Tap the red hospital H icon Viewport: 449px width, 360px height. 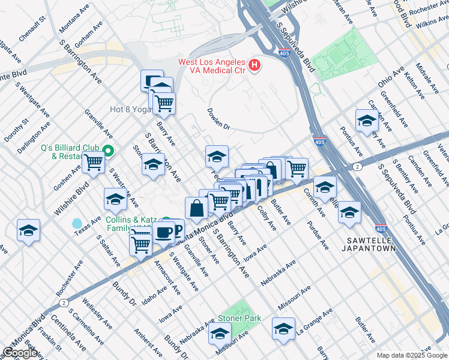(255, 64)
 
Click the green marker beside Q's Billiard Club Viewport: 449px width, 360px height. (108, 151)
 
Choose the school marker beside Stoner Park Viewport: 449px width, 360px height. (220, 333)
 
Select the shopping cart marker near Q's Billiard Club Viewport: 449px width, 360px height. (93, 161)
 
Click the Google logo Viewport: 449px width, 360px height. (20, 353)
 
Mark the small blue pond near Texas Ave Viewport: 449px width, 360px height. (77, 223)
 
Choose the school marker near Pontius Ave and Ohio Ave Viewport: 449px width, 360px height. (366, 122)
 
